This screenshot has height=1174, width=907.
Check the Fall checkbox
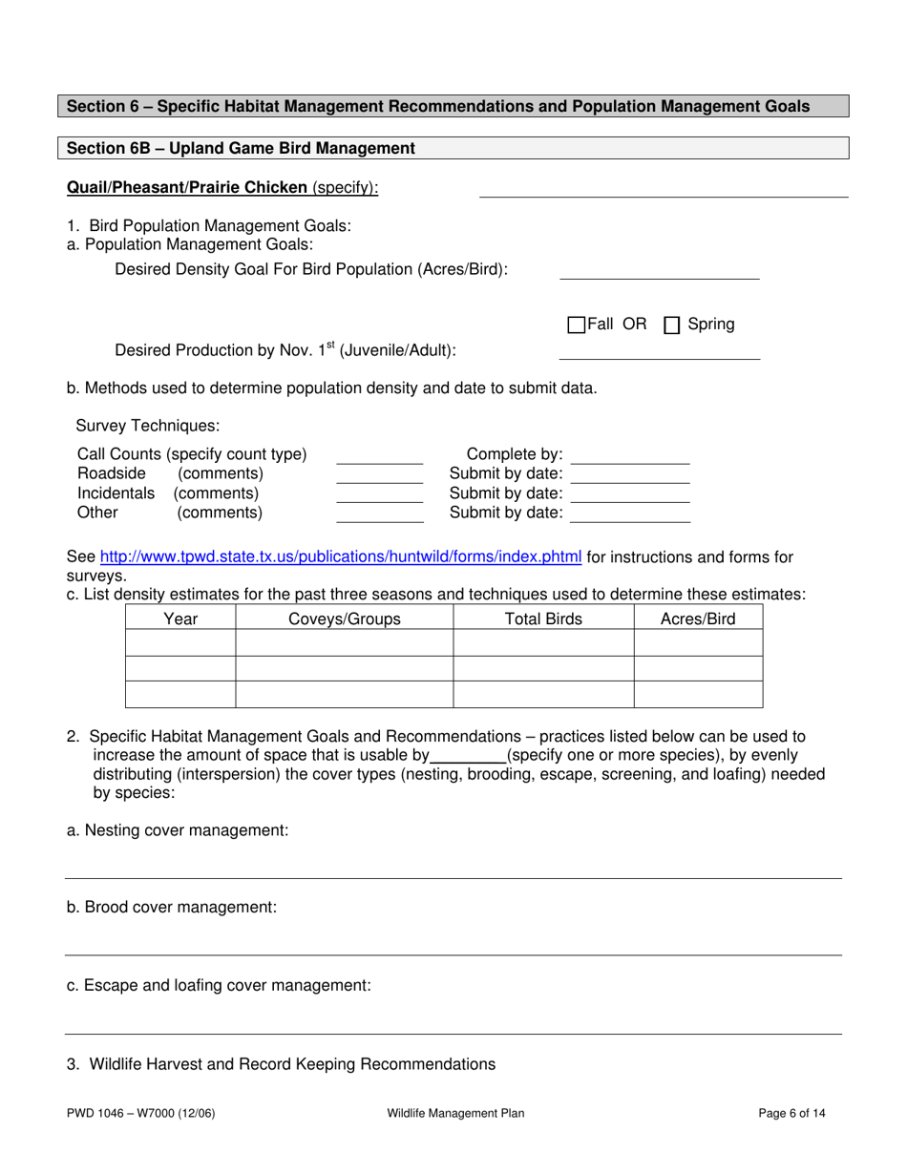click(x=577, y=325)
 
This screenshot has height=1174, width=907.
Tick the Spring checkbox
click(x=672, y=325)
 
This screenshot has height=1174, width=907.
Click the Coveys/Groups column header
click(x=344, y=619)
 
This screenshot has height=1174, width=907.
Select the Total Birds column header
click(x=543, y=619)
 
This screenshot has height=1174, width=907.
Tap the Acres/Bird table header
click(x=698, y=619)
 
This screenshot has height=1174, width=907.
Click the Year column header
click(x=180, y=619)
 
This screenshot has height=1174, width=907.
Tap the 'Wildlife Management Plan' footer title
click(x=455, y=1113)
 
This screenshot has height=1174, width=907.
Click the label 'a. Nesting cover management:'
click(x=178, y=831)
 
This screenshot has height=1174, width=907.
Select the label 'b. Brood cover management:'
click(x=172, y=908)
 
